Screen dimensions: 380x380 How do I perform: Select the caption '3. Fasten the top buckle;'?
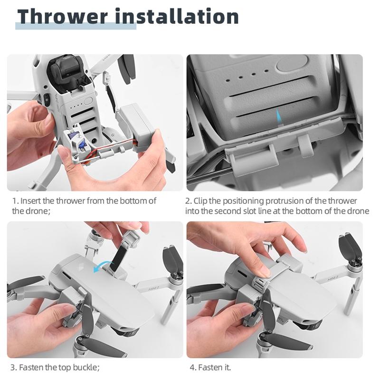pos(56,367)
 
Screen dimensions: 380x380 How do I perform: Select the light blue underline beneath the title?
pos(76,26)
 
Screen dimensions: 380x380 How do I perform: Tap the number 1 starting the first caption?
pos(14,200)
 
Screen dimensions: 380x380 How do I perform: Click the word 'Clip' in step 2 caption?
pos(201,200)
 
